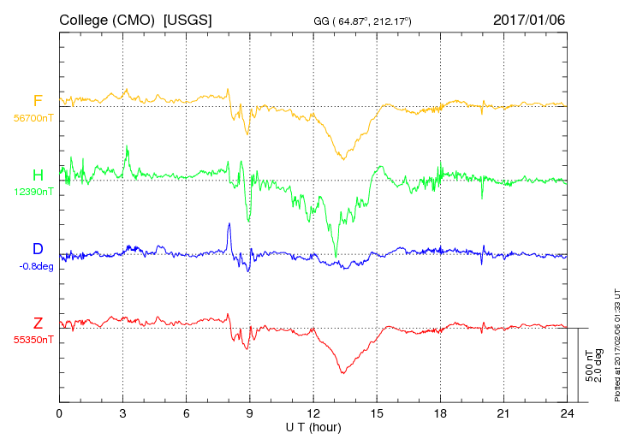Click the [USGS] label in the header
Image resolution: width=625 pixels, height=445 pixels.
coord(187,19)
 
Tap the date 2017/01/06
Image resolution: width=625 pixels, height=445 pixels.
coord(529,19)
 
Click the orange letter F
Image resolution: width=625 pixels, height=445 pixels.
coord(38,101)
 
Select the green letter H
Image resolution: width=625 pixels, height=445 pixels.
coord(38,175)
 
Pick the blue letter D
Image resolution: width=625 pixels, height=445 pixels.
coord(38,249)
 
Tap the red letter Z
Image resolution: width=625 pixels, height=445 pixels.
coord(38,323)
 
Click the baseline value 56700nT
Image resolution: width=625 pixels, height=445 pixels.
coord(32,118)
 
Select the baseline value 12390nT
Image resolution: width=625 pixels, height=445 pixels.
coord(32,192)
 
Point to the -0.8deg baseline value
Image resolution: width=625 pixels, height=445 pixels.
coord(34,265)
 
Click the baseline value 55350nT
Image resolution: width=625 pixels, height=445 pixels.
coord(32,340)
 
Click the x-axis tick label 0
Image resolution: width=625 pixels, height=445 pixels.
coord(59,413)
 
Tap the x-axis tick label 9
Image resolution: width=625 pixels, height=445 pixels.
coord(250,413)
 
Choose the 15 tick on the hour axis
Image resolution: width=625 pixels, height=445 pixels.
coord(377,413)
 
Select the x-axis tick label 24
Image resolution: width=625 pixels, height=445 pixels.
coord(567,413)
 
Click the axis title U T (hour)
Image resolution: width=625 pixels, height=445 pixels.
coord(313,426)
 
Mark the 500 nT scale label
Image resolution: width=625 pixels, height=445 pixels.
coord(589,365)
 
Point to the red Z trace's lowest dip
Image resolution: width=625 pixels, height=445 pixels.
coord(342,371)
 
